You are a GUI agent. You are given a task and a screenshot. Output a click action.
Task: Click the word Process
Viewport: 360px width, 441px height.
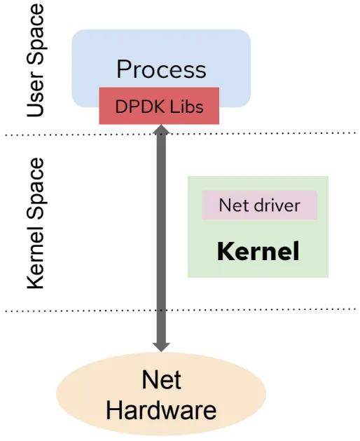tap(161, 69)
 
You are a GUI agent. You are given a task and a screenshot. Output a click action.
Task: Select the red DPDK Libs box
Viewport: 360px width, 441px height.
tap(160, 107)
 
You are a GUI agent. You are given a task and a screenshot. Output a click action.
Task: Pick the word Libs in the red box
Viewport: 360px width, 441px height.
tap(188, 107)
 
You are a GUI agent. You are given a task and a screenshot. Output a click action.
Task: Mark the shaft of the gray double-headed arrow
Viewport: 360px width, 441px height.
tap(161, 238)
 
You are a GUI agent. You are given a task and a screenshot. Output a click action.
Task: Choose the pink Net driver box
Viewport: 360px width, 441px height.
tap(259, 205)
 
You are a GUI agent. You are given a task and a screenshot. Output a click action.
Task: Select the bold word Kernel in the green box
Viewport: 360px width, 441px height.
tap(258, 251)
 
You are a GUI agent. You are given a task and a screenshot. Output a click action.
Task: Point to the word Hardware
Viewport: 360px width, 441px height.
tap(161, 409)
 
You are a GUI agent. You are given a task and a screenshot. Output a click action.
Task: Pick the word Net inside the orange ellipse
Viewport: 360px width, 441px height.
tap(161, 380)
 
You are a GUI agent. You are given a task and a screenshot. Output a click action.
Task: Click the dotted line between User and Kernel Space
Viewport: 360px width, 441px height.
tap(280, 133)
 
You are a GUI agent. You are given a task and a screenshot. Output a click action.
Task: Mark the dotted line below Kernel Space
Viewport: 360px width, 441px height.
tap(280, 308)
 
